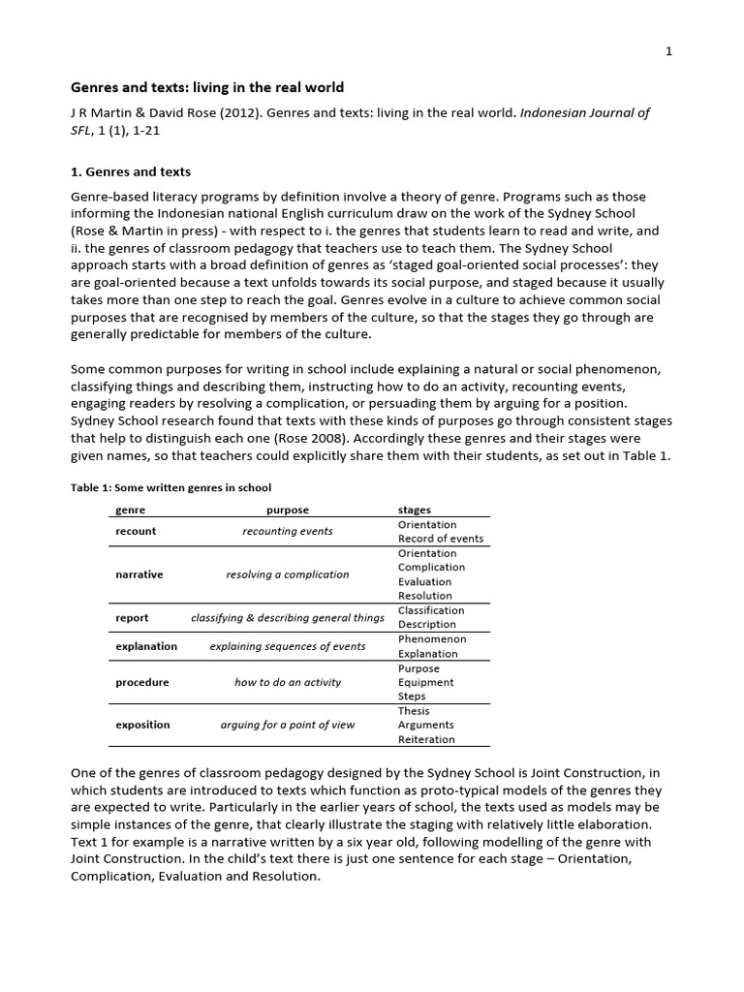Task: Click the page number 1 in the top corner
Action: coord(668,52)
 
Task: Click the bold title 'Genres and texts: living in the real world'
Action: coord(207,87)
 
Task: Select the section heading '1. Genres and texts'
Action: coord(131,171)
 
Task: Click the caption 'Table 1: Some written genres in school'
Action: coord(170,487)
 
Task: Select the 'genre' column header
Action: coord(130,510)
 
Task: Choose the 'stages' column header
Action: coord(415,510)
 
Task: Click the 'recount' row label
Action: coord(136,531)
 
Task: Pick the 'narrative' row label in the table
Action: coord(139,574)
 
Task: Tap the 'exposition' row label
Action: coord(142,725)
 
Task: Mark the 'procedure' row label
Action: coord(142,682)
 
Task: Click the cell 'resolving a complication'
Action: coord(288,574)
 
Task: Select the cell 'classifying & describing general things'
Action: coord(288,617)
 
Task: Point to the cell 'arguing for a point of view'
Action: coord(288,725)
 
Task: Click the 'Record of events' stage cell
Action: coord(441,539)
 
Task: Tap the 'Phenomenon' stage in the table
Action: coord(432,639)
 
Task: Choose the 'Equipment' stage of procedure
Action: coord(426,682)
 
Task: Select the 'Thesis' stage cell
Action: coord(414,710)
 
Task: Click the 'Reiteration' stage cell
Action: coord(426,739)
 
